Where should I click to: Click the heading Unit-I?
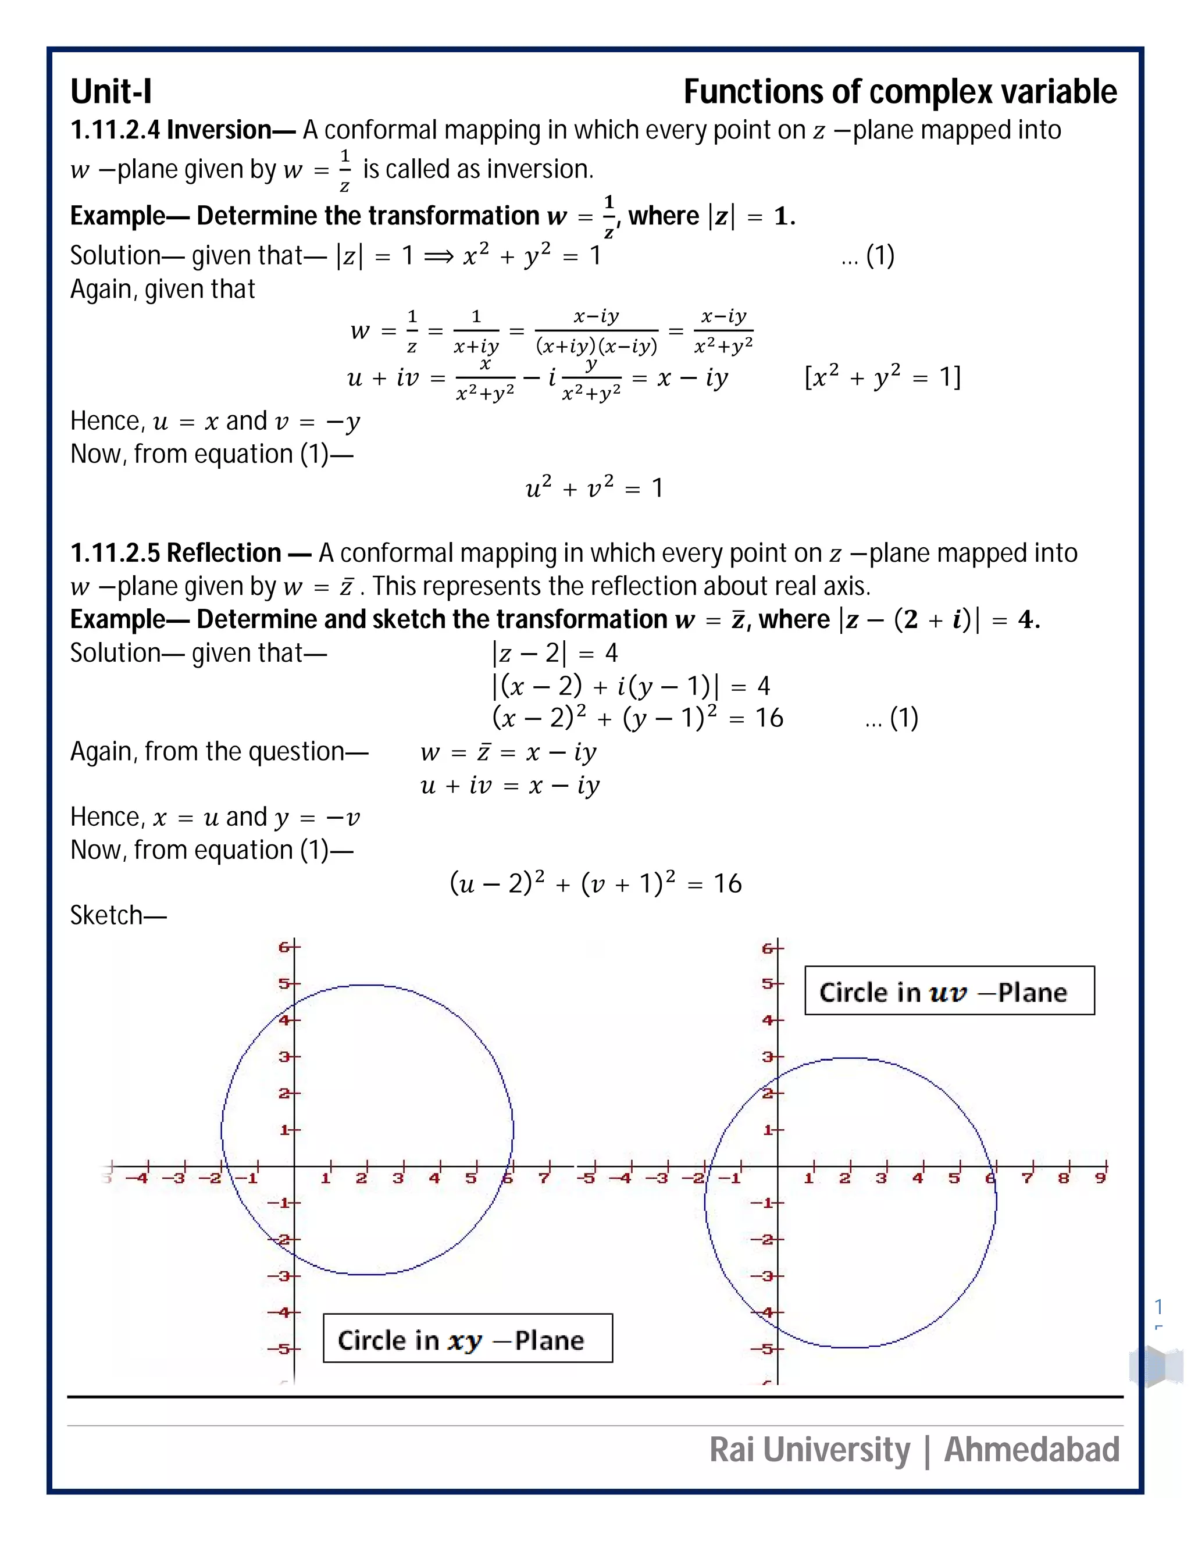point(110,92)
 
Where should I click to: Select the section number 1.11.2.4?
point(115,130)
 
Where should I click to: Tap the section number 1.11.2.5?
point(115,553)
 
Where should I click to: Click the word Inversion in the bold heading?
point(219,130)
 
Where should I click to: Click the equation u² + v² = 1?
point(594,487)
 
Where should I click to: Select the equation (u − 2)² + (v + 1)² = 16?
point(595,883)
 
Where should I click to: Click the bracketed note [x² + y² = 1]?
point(882,377)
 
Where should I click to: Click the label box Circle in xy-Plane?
point(467,1339)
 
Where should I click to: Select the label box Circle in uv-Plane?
point(949,991)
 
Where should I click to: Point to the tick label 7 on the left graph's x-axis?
point(543,1178)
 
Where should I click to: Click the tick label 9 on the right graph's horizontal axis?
point(1099,1178)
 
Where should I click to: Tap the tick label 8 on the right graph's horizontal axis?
point(1063,1178)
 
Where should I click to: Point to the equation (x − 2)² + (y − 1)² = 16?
point(637,718)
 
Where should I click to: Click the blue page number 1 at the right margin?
point(1158,1306)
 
